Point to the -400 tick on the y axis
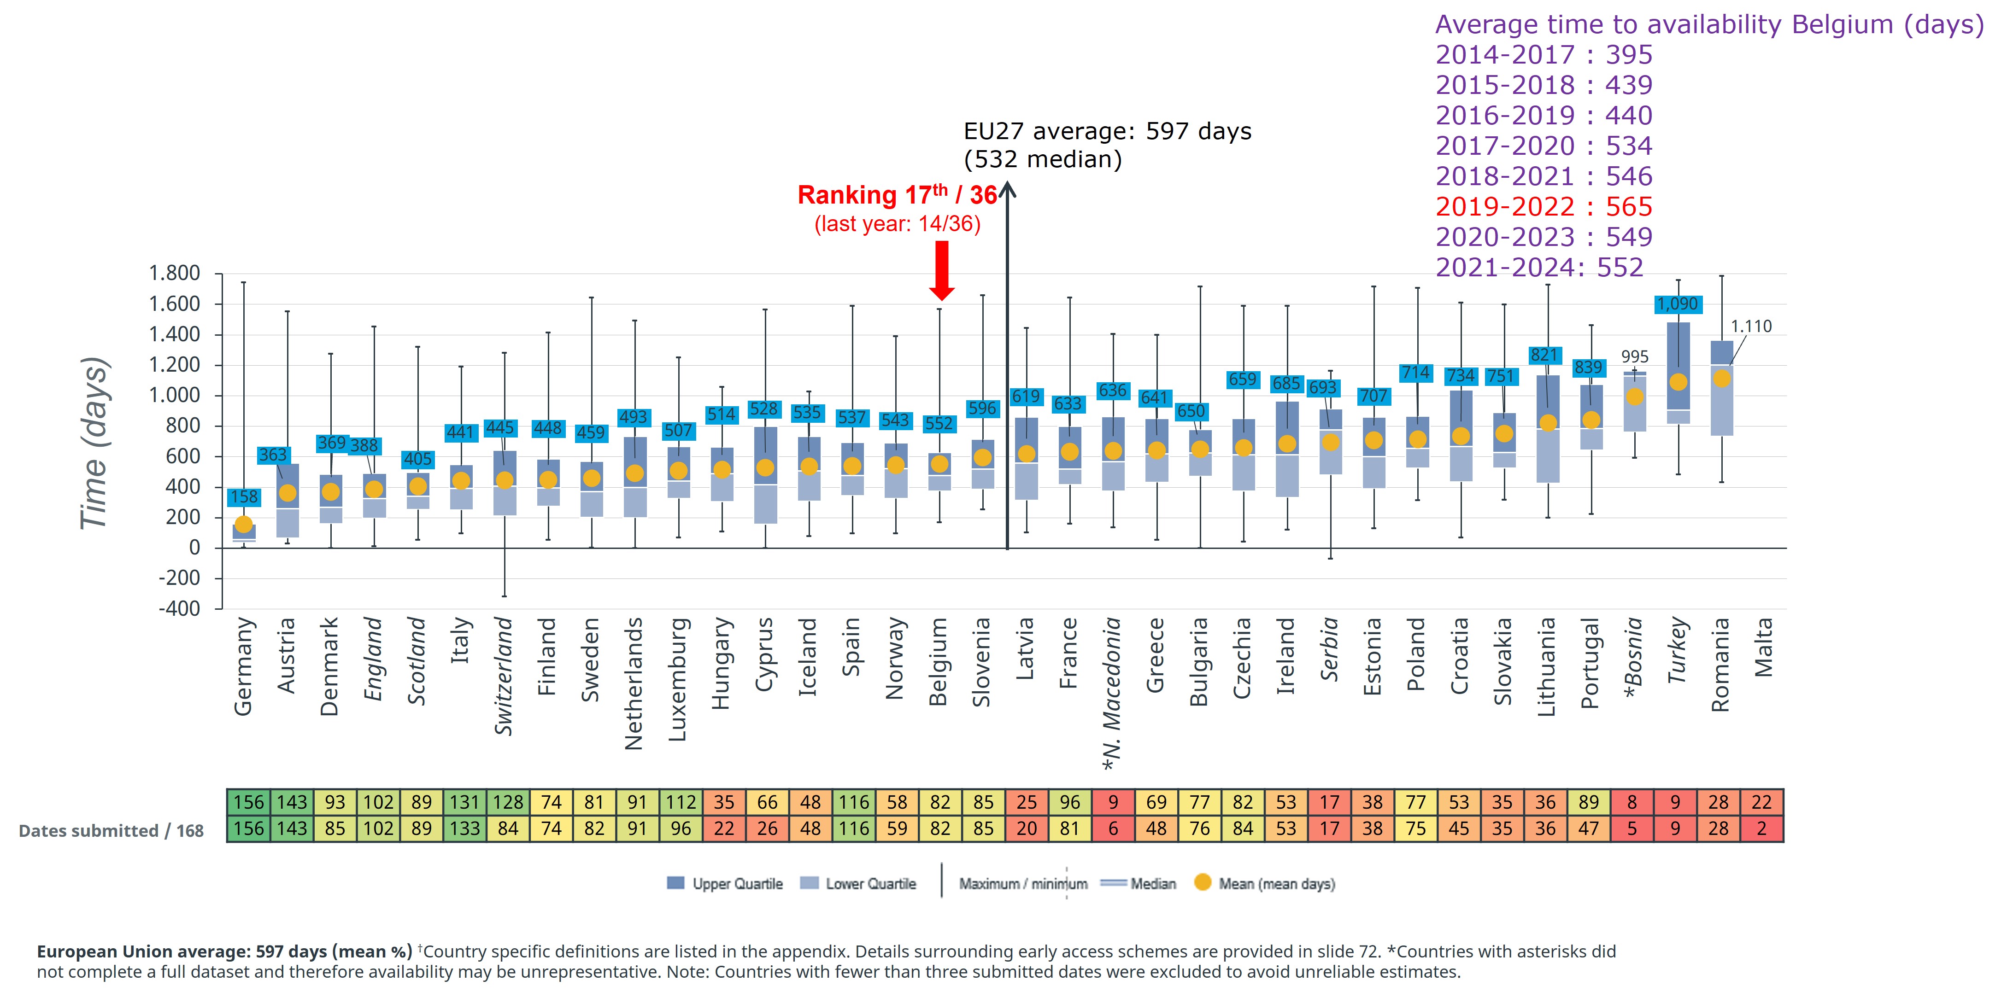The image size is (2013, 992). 179,608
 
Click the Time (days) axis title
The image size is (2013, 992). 94,443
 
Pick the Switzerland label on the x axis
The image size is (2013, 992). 504,677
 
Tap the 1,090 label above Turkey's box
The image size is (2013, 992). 1678,304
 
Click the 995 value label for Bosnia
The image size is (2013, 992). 1635,357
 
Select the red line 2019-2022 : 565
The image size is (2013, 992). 1544,207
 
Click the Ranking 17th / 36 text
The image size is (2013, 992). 897,194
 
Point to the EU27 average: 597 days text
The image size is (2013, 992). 1107,131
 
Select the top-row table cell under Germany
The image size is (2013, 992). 248,802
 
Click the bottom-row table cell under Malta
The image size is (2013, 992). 1761,829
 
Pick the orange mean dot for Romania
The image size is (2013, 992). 1721,378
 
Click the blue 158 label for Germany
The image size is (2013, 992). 244,497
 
